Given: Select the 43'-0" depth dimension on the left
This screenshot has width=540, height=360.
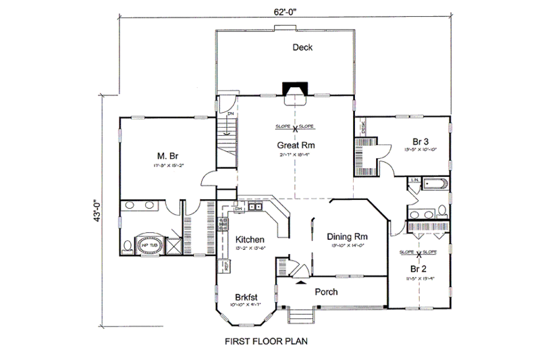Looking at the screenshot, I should pos(98,209).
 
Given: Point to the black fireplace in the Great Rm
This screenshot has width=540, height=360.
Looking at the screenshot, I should pos(294,91).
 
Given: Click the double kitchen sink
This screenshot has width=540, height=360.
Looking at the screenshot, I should pos(254,207).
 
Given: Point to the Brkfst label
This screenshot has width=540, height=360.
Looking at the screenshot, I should pos(248,296).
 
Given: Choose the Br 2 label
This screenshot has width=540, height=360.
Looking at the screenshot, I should pos(420,267).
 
